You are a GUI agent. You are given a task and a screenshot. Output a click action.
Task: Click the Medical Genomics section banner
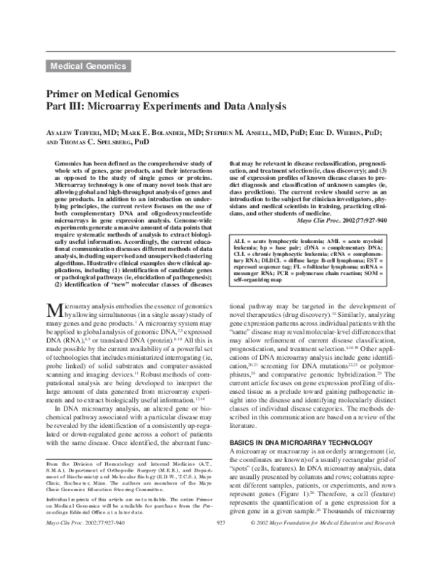pos(88,66)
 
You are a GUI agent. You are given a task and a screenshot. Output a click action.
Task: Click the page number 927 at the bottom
pos(217,542)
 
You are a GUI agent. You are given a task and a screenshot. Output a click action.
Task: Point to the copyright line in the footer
pos(325,542)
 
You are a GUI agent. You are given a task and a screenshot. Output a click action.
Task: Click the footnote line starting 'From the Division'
pos(126,485)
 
